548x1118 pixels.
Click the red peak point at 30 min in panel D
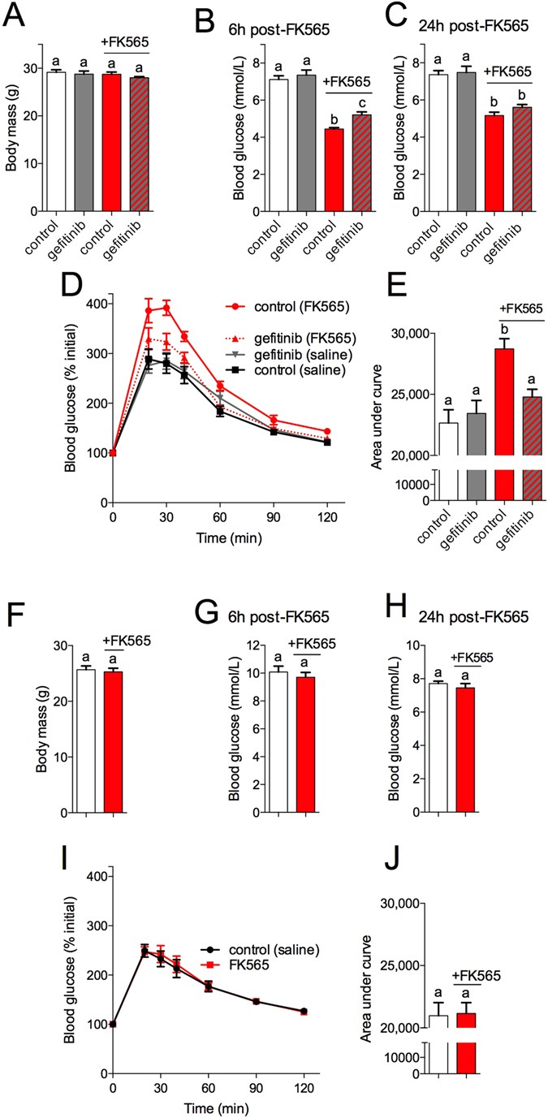(x=166, y=308)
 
